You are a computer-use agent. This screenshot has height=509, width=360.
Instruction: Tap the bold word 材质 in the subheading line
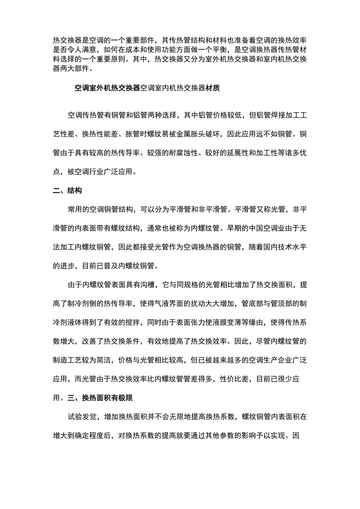pos(213,88)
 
